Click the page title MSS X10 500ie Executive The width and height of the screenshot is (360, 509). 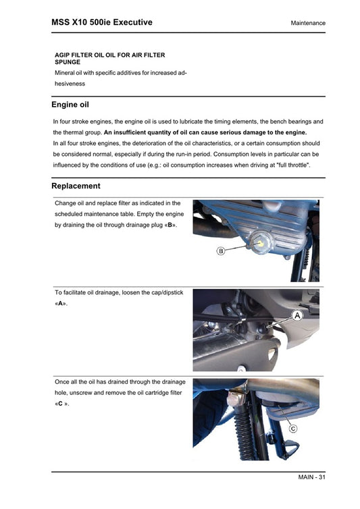pyautogui.click(x=101, y=22)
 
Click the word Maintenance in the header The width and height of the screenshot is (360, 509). pyautogui.click(x=308, y=23)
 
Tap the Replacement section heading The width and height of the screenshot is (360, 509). pyautogui.click(x=76, y=186)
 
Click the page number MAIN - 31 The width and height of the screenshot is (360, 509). pyautogui.click(x=311, y=478)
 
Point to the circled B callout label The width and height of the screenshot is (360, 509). pyautogui.click(x=220, y=251)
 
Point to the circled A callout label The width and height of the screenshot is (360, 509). pyautogui.click(x=296, y=315)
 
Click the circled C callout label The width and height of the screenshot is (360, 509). pyautogui.click(x=293, y=429)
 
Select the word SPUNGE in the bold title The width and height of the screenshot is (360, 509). pyautogui.click(x=68, y=61)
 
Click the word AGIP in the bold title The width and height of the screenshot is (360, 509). pyautogui.click(x=63, y=55)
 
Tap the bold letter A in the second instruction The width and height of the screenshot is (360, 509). pyautogui.click(x=61, y=304)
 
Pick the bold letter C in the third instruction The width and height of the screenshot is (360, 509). pyautogui.click(x=60, y=404)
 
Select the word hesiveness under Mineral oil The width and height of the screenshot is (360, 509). pyautogui.click(x=70, y=84)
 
